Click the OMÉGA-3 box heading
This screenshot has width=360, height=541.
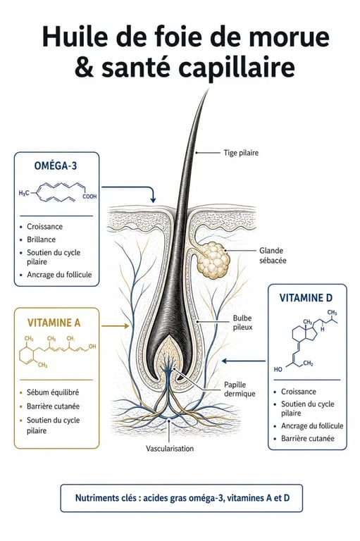[56, 166]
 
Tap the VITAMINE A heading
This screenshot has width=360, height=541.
[54, 323]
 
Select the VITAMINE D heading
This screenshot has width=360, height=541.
[306, 298]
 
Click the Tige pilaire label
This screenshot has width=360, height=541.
[241, 152]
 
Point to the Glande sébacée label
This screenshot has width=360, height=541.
[273, 255]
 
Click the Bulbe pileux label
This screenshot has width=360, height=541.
[242, 322]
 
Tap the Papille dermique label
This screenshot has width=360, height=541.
[240, 389]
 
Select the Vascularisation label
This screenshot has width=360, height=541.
[170, 449]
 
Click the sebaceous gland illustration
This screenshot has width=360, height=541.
[213, 260]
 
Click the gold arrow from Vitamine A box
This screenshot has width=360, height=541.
[116, 325]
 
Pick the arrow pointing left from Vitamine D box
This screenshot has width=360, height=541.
[244, 361]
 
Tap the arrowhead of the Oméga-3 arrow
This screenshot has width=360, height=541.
[153, 200]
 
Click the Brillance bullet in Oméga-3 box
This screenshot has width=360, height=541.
[41, 240]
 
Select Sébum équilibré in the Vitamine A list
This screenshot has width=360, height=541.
[53, 392]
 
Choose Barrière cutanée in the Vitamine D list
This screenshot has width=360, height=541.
[308, 438]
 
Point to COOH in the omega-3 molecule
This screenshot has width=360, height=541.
[89, 197]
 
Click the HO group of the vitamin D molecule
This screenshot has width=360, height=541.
[278, 369]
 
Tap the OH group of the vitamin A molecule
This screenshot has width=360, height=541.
[92, 346]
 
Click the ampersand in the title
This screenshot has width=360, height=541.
[85, 67]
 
